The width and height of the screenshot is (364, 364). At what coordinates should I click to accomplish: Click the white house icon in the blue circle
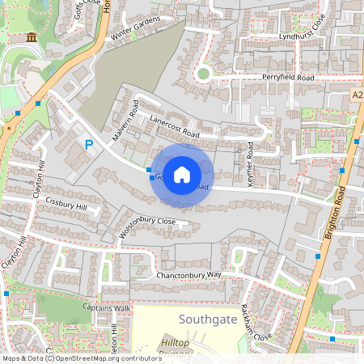(x=182, y=174)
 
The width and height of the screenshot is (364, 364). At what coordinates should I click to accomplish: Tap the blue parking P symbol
(x=89, y=146)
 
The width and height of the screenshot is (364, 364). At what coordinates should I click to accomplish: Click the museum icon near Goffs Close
(x=31, y=38)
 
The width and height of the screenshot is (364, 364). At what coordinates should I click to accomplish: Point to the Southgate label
(x=209, y=320)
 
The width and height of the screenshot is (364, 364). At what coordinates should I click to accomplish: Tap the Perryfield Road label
(x=287, y=77)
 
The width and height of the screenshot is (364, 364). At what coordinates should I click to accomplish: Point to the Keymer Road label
(x=251, y=165)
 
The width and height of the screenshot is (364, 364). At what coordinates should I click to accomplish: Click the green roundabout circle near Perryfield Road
(x=202, y=74)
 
